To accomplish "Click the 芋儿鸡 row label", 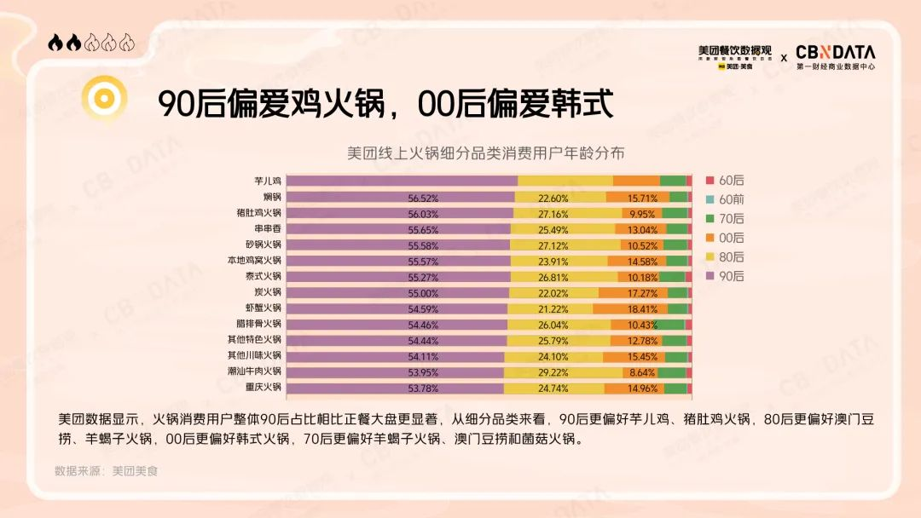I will point(267,181).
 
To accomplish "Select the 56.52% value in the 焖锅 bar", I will point(423,197).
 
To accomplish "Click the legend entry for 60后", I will point(725,181).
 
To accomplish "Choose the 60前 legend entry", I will point(725,199).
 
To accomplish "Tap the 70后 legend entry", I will point(725,219).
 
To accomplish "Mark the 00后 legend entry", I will point(725,238).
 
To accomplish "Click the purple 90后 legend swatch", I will point(710,276).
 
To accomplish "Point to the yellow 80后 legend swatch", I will point(710,257).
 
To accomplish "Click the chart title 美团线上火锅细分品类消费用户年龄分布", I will point(485,153).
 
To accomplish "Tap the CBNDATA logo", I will point(835,56).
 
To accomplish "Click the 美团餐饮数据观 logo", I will point(734,56).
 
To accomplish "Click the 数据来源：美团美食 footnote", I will point(107,470).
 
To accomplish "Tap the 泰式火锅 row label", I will point(262,277).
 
